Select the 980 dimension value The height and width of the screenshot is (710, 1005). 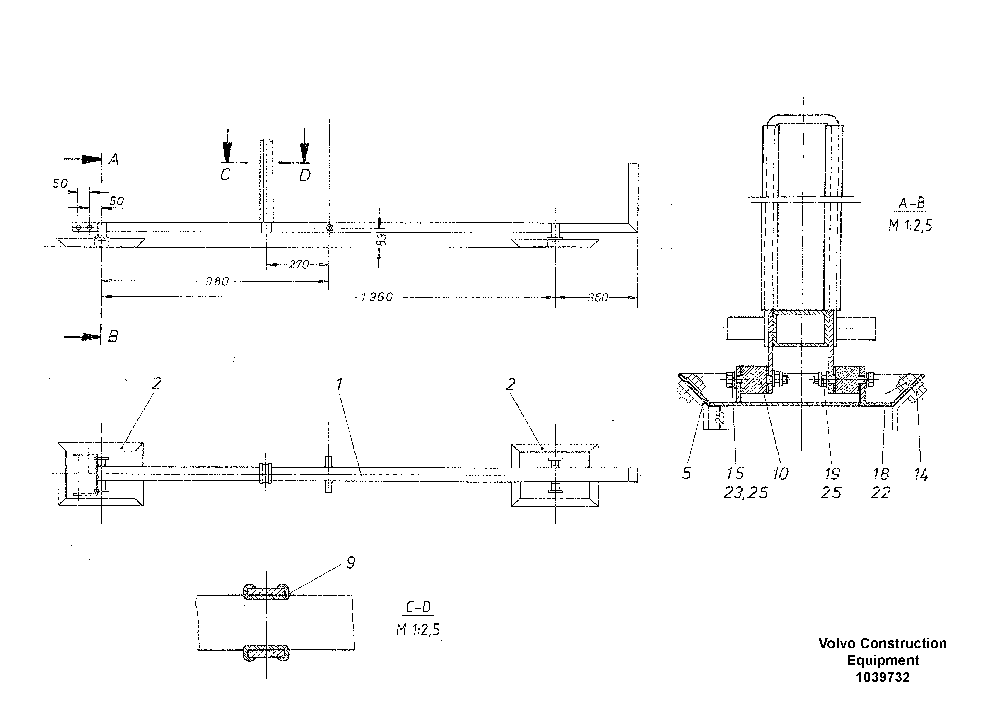217,282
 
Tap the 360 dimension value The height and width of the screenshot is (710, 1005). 598,298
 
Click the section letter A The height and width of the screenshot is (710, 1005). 114,159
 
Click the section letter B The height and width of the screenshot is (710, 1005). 113,337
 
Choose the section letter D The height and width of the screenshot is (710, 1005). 305,176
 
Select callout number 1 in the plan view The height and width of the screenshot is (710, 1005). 339,384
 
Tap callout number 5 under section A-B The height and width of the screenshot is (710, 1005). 686,474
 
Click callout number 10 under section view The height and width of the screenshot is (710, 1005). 781,474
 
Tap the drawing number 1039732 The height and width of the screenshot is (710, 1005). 882,678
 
